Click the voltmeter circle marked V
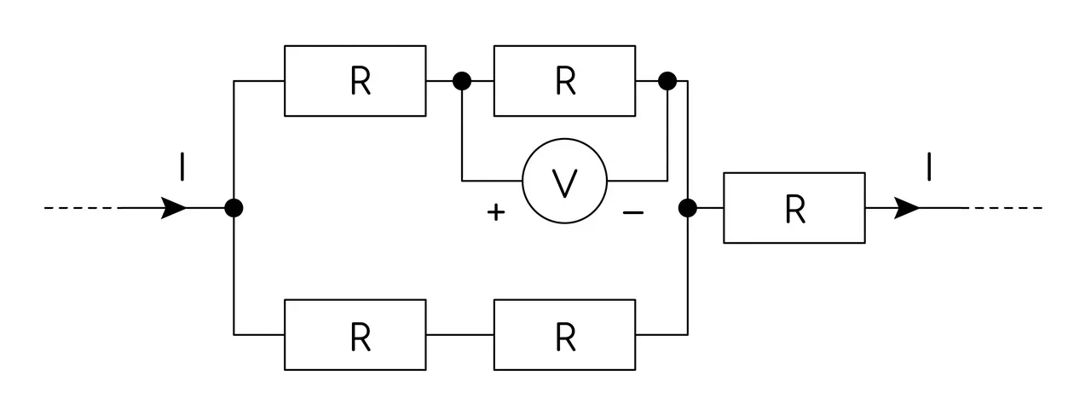[564, 139]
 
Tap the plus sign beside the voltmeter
[496, 212]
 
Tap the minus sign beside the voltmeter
[633, 212]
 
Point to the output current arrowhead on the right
[906, 208]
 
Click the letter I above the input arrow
[182, 166]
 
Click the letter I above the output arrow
[929, 166]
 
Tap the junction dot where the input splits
[234, 208]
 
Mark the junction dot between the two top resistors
[462, 81]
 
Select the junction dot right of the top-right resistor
[667, 81]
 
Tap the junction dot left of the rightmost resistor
[688, 208]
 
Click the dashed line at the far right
[1006, 208]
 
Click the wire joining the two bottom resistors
[459, 335]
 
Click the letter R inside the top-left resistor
[361, 81]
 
